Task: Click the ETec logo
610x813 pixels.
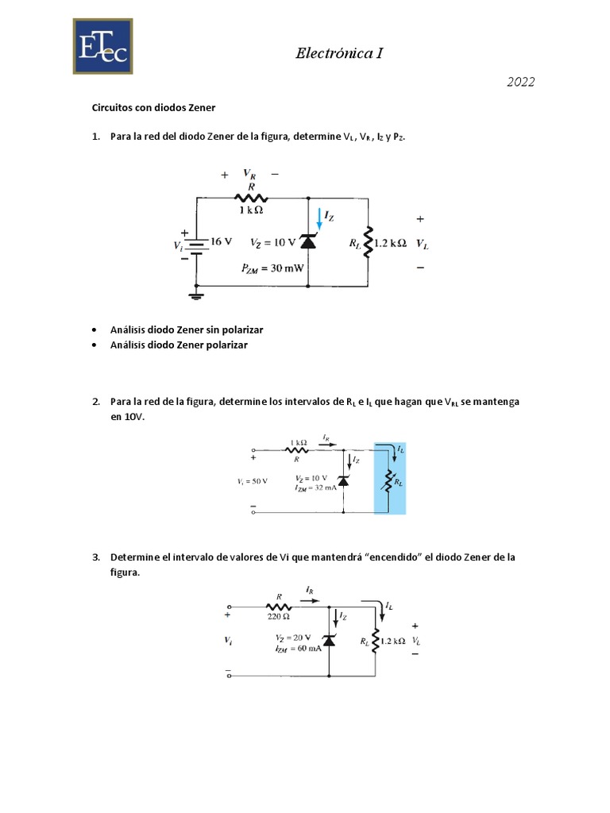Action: (103, 47)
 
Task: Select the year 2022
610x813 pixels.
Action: (520, 83)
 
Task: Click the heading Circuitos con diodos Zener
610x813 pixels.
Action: (163, 107)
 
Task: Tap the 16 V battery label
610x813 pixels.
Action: (222, 241)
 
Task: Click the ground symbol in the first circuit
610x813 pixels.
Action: (195, 297)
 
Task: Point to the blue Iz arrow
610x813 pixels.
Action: (322, 217)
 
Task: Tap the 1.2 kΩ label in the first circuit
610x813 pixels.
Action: (389, 243)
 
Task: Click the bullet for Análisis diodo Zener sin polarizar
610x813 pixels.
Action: (95, 329)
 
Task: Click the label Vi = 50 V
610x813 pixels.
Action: (253, 481)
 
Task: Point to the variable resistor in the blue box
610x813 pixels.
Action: (388, 480)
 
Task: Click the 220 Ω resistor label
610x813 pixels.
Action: (280, 615)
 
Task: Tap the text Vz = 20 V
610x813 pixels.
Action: (295, 638)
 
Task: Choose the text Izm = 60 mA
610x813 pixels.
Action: (296, 649)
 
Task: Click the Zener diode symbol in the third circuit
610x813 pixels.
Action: (329, 640)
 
